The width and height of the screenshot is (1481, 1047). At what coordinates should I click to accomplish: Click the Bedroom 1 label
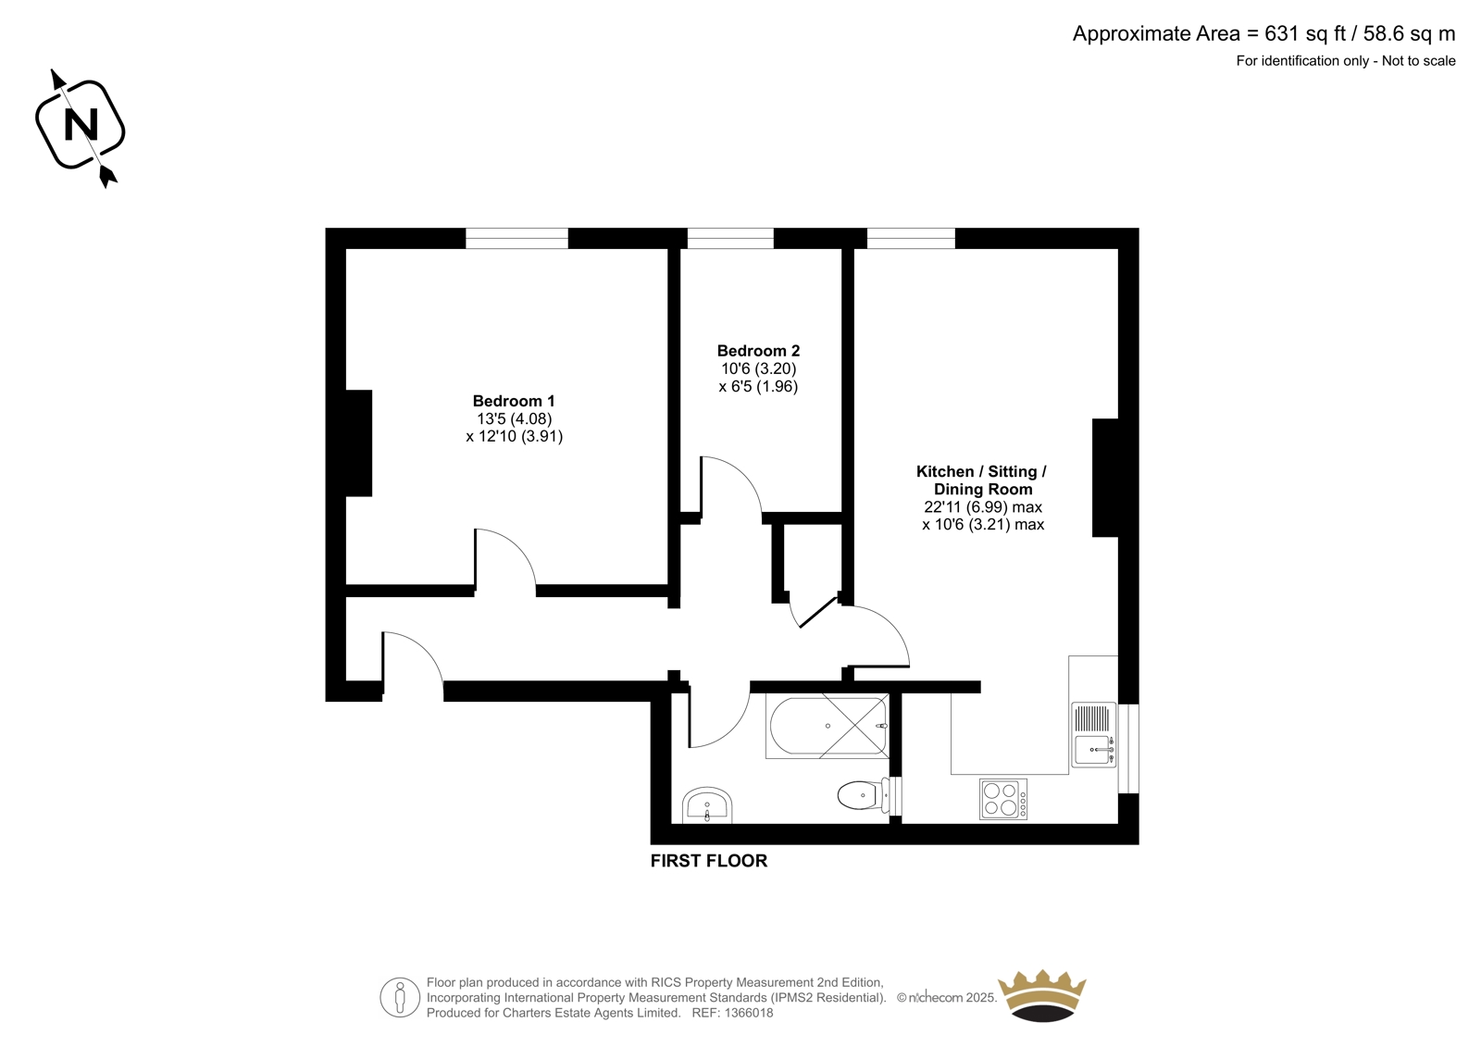(514, 401)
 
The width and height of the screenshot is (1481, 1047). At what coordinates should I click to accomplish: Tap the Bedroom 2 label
(758, 351)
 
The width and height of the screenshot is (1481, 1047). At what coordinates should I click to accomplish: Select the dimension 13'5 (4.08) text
(515, 418)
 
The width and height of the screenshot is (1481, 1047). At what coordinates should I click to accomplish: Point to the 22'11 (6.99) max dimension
(983, 507)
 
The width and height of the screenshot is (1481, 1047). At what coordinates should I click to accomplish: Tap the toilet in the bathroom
(869, 796)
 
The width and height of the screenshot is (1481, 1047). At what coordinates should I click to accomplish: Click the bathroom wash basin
(707, 805)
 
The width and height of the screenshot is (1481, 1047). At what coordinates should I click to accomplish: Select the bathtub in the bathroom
(828, 726)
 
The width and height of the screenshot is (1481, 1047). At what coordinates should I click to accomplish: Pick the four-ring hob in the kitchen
(1003, 799)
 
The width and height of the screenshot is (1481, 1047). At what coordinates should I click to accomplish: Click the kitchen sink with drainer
(1093, 735)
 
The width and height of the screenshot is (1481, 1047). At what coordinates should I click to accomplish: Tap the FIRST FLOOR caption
(709, 861)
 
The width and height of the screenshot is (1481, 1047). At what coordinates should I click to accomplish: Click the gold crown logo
(1042, 996)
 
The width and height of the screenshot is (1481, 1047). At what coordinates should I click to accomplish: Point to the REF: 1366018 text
(732, 1013)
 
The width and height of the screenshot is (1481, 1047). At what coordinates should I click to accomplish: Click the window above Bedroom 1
(517, 238)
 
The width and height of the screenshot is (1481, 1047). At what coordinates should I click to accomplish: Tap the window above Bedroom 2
(730, 238)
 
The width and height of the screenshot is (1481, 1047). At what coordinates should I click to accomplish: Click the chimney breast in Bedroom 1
(359, 443)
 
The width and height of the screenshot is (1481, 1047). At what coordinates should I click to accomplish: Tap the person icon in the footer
(399, 997)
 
